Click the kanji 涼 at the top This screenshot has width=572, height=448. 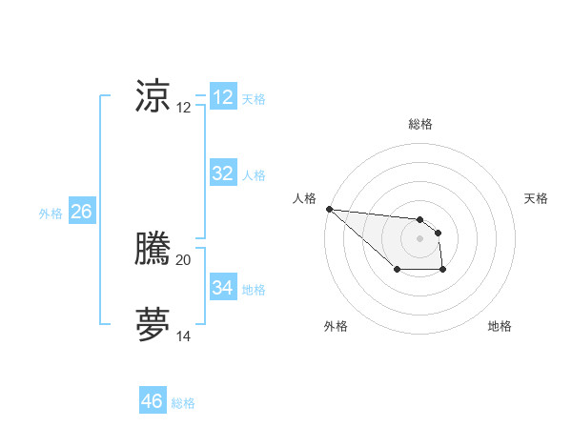point(153,96)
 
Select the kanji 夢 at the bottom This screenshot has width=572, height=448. point(153,324)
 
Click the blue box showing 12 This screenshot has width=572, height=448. point(223,97)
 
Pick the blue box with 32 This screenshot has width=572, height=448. point(223,173)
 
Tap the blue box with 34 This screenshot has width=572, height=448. point(223,287)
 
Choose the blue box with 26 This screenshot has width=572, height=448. point(81,212)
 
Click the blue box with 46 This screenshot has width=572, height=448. point(153,401)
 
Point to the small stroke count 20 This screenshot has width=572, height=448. point(184,260)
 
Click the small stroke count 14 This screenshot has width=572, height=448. point(184,336)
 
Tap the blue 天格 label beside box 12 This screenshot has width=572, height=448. point(254,99)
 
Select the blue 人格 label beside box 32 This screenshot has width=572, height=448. point(254,175)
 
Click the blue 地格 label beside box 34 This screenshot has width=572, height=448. point(254,289)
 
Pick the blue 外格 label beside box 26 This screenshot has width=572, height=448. point(51,214)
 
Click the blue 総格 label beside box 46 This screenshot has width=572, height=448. point(183,403)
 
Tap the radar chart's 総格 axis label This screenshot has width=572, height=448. point(419,124)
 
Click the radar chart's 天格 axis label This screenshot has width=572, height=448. point(536,198)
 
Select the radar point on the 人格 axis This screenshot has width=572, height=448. point(329,209)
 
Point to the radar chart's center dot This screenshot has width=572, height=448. point(419,238)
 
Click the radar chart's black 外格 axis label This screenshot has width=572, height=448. point(336,326)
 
